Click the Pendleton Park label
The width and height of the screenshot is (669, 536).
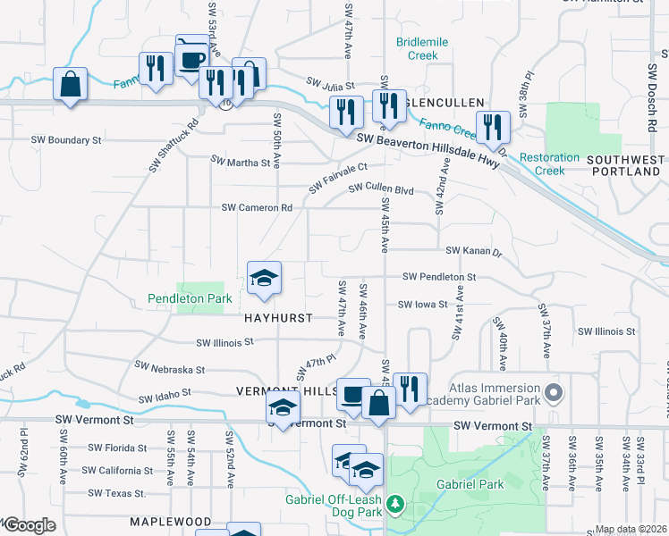(191, 298)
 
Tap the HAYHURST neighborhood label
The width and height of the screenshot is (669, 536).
(276, 318)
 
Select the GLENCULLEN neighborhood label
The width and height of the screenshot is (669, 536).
(445, 103)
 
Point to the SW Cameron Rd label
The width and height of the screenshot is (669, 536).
(258, 208)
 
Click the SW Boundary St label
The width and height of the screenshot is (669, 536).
(66, 140)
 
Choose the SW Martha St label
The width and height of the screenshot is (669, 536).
(240, 163)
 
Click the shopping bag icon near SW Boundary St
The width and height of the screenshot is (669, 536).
(70, 86)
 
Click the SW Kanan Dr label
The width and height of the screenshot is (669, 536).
(474, 252)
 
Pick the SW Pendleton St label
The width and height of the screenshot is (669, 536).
(439, 278)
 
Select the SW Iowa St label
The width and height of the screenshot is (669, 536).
(422, 305)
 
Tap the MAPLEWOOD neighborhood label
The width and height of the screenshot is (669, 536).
(169, 522)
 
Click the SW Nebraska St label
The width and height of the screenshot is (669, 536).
(170, 368)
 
